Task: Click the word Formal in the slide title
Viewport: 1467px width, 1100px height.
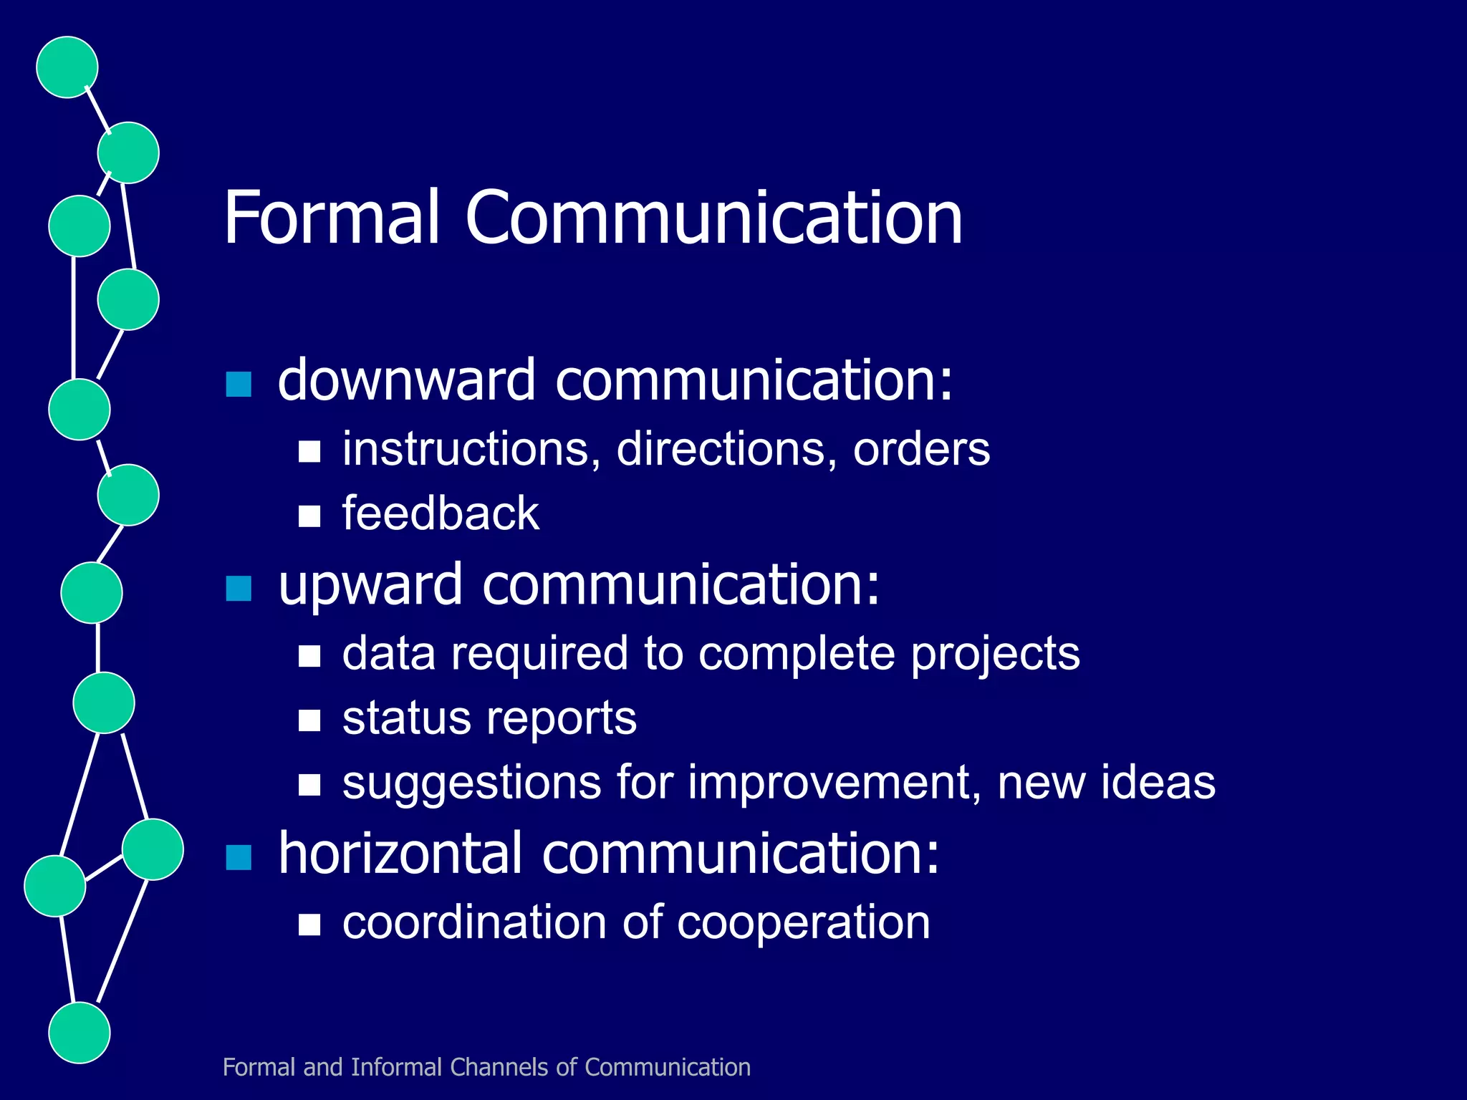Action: click(331, 218)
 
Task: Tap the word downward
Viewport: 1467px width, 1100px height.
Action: click(406, 380)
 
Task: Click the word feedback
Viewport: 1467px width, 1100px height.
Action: click(441, 513)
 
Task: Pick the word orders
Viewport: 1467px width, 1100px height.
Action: click(921, 450)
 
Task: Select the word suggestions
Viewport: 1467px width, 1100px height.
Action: click(471, 783)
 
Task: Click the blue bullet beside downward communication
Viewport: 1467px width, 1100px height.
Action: click(239, 385)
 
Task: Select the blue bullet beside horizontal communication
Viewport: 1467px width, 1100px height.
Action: click(239, 857)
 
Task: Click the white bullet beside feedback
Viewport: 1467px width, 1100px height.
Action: click(309, 516)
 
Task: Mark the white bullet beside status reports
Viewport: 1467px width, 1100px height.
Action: click(309, 720)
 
